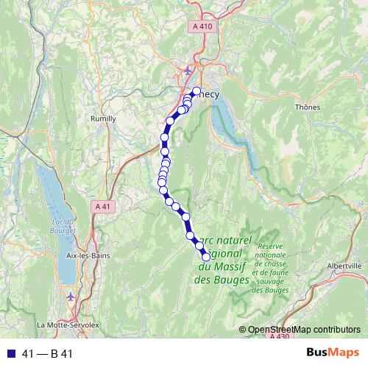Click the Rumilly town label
[x=102, y=118]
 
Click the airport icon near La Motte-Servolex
[x=71, y=296]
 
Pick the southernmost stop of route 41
[x=206, y=255]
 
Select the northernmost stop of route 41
[x=197, y=92]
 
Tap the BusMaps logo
[x=330, y=353]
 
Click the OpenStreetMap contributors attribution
[x=304, y=330]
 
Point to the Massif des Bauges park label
[x=224, y=260]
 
